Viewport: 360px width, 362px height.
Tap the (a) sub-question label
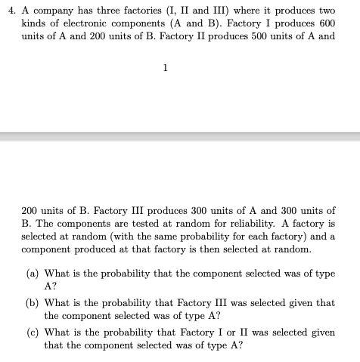[x=33, y=274]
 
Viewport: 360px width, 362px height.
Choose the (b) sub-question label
[x=33, y=303]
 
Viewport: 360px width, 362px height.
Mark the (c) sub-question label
[x=33, y=333]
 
